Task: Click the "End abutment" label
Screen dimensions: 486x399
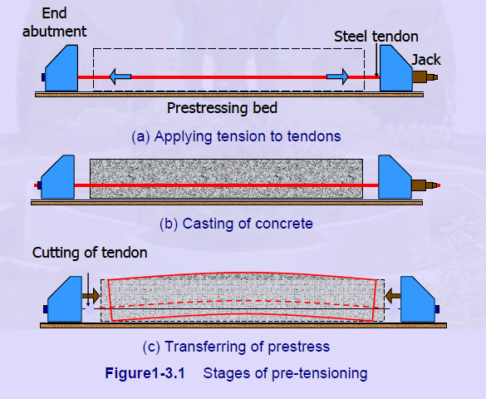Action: (54, 22)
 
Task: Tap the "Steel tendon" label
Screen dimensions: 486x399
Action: (376, 37)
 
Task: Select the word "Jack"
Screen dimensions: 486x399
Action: (426, 60)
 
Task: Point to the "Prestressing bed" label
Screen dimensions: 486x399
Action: (222, 108)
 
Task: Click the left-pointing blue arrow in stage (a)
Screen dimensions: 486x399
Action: (120, 76)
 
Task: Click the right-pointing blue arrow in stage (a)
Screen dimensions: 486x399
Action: (337, 76)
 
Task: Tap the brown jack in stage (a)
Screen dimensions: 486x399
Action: (425, 76)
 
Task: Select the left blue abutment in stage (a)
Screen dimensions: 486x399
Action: (61, 68)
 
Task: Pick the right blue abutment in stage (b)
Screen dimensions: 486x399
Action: (395, 177)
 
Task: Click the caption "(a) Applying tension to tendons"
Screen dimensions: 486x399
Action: (236, 136)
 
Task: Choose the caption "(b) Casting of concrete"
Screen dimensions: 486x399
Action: (236, 224)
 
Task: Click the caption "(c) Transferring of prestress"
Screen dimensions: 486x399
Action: (236, 347)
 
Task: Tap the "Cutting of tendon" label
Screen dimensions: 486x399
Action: (90, 253)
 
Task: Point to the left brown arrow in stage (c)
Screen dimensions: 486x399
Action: (91, 296)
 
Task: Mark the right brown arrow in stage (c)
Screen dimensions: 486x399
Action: (393, 295)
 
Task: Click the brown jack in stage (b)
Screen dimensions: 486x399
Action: (425, 185)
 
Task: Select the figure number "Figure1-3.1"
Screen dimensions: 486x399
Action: (145, 373)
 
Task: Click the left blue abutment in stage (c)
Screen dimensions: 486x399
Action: (65, 299)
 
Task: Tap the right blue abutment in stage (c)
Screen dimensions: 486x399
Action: (418, 299)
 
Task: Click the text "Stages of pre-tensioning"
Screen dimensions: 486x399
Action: (285, 373)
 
